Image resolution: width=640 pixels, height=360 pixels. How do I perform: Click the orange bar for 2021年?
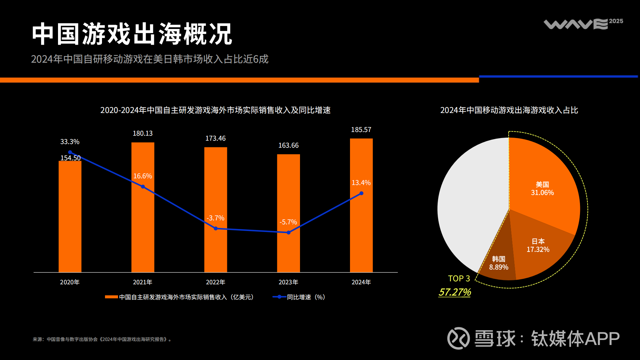pyautogui.click(x=143, y=227)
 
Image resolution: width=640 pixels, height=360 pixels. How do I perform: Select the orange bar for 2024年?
pyautogui.click(x=361, y=233)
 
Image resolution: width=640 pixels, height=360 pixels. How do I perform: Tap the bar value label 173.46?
pyautogui.click(x=215, y=138)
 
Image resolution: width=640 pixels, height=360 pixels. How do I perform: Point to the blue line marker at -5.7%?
pyautogui.click(x=289, y=232)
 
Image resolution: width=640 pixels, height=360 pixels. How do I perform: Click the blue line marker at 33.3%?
pyautogui.click(x=70, y=152)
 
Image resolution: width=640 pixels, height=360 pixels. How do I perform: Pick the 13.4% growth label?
pyautogui.click(x=361, y=183)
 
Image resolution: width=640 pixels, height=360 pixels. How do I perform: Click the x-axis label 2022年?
pyautogui.click(x=215, y=282)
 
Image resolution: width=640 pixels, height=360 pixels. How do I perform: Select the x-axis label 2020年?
pyautogui.click(x=70, y=282)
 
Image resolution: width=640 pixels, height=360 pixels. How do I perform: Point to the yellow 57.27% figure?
pyautogui.click(x=455, y=292)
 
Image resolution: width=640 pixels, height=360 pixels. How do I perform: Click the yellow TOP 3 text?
pyautogui.click(x=459, y=278)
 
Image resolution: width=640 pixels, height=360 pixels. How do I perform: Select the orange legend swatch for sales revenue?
pyautogui.click(x=111, y=297)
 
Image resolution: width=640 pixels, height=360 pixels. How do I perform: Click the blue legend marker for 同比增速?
pyautogui.click(x=279, y=297)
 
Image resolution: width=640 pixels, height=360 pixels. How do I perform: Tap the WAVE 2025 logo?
pyautogui.click(x=583, y=24)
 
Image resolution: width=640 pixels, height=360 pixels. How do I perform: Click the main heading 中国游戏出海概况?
pyautogui.click(x=132, y=34)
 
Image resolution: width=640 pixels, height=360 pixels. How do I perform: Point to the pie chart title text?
pyautogui.click(x=509, y=110)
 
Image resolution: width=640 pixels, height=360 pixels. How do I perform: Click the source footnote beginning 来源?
pyautogui.click(x=102, y=339)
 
